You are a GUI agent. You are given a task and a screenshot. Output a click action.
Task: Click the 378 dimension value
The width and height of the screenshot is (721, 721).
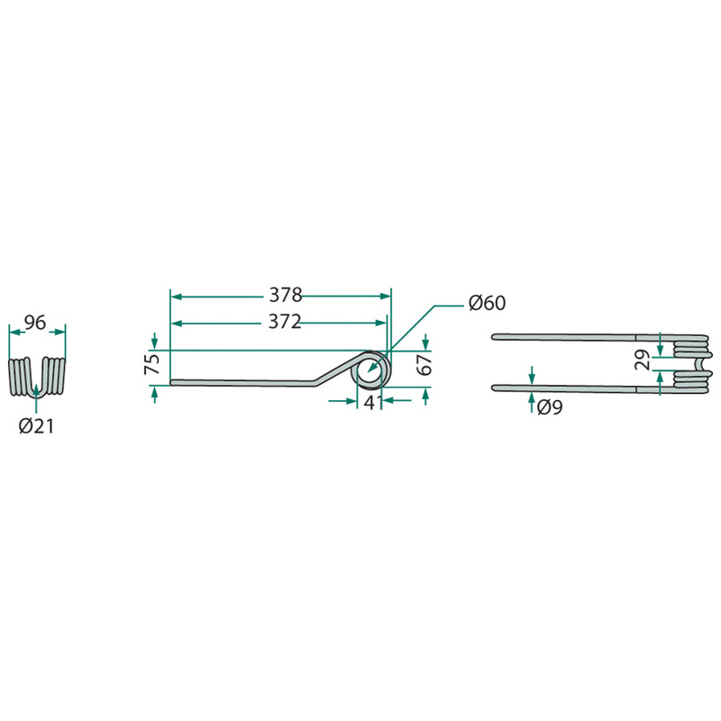pos(285,296)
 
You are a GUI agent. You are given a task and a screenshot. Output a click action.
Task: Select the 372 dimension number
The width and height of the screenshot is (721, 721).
pos(285,322)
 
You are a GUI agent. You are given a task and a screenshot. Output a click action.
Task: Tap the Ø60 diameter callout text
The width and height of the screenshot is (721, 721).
pos(487,303)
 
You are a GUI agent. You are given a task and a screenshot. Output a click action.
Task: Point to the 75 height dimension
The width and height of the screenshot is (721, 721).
pos(153,363)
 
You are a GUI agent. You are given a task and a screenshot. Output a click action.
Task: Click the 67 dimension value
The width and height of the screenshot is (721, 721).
pos(425,364)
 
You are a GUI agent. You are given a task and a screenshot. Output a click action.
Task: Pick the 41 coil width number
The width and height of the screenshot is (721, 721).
pos(373,403)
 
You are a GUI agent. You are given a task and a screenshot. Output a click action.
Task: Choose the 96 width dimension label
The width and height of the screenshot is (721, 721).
pos(35,323)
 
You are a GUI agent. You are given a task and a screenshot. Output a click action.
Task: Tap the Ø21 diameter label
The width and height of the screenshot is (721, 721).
pos(36,426)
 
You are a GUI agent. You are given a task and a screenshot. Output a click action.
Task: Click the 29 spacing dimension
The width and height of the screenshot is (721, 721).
pos(643,360)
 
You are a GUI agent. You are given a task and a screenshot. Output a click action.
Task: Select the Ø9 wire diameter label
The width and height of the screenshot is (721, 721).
pos(550,407)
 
